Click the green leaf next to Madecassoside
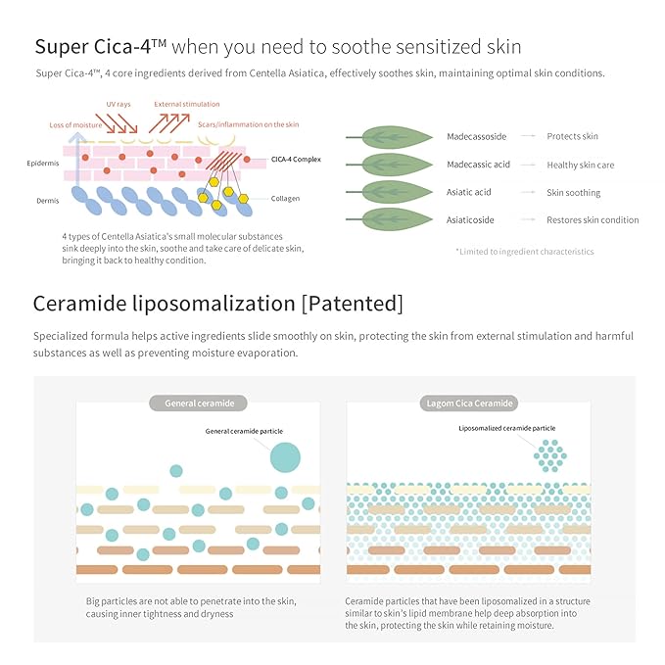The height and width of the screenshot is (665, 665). (x=397, y=136)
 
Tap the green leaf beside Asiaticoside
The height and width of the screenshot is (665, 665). (x=397, y=219)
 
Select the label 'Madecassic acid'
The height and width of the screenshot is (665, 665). (x=478, y=165)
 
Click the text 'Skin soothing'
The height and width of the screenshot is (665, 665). (x=573, y=193)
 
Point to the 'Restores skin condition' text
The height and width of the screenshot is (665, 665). (x=593, y=219)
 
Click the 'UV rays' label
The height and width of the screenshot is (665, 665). (x=119, y=105)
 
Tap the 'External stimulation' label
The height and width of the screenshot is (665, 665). (x=187, y=105)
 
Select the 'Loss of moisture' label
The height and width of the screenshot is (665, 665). (x=75, y=125)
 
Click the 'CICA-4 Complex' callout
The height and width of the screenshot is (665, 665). (x=296, y=160)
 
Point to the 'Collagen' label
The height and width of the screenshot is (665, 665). (x=285, y=199)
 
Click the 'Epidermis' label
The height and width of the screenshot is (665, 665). (x=43, y=164)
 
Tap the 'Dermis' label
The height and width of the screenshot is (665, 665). (x=47, y=201)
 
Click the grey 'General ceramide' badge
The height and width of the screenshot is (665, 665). (x=198, y=404)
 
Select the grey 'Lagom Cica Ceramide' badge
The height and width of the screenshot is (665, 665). (x=469, y=404)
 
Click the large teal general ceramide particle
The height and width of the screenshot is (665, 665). (x=285, y=457)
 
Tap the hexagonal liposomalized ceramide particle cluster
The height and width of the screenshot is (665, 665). (x=550, y=456)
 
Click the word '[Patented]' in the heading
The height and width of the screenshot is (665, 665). (x=353, y=304)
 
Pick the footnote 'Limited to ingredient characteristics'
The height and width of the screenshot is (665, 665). (x=525, y=252)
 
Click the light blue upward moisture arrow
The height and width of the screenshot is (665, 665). (x=77, y=159)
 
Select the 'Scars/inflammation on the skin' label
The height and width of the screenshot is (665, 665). (x=248, y=124)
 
